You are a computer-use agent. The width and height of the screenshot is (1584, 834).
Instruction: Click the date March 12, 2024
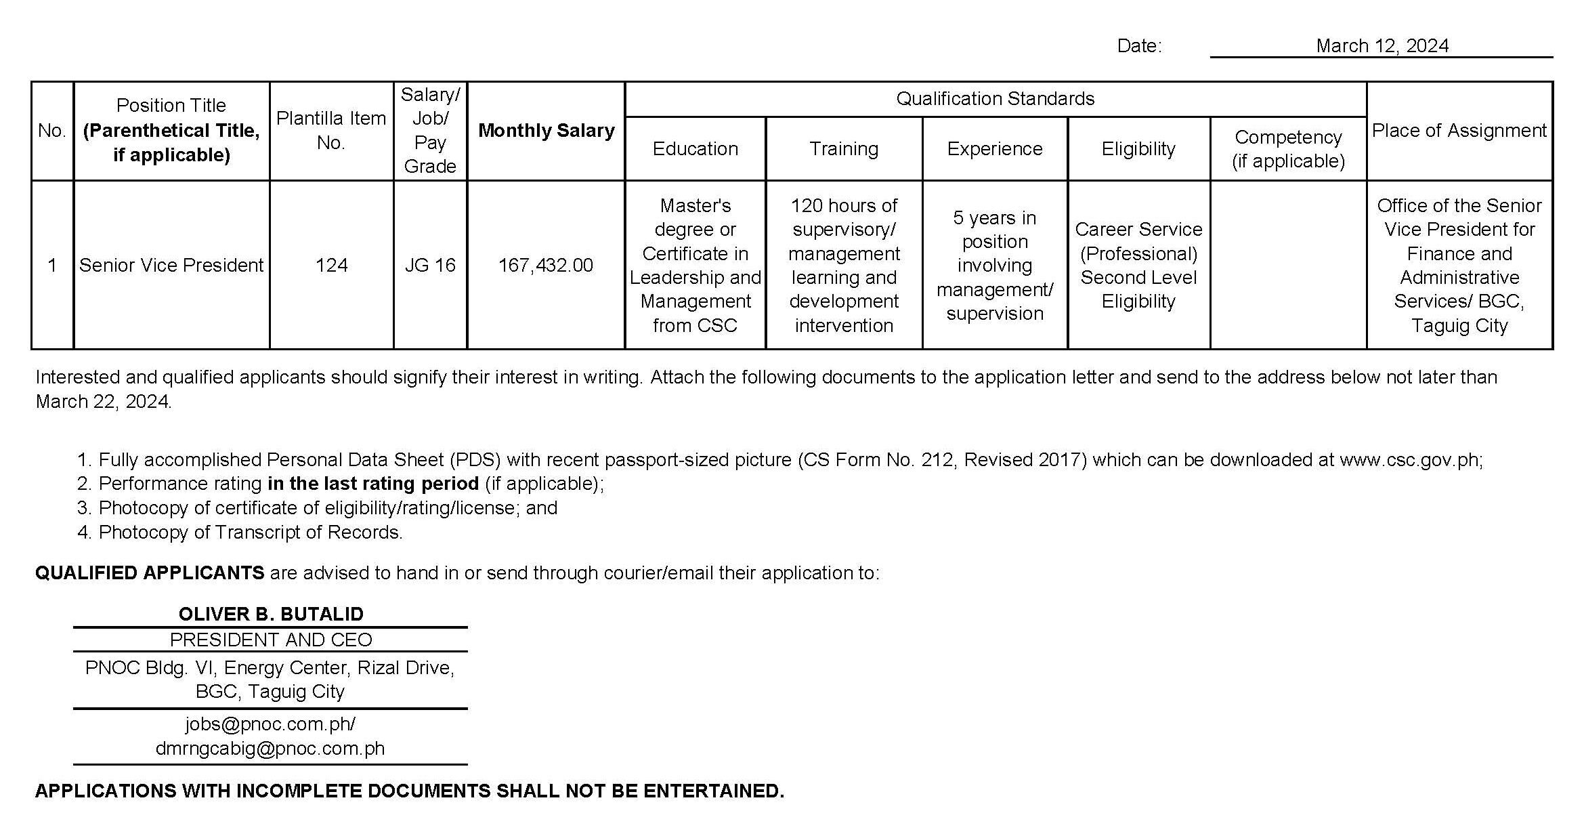1382,45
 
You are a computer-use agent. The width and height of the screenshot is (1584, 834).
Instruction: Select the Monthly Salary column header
546,130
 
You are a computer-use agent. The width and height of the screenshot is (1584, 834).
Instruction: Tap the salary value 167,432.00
546,265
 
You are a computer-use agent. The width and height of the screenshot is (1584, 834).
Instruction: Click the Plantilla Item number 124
331,265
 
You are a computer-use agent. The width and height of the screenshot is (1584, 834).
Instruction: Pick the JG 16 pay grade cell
430,265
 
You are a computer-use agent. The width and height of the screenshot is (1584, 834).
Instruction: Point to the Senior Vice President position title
171,265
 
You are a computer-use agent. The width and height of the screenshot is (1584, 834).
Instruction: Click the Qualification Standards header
995,99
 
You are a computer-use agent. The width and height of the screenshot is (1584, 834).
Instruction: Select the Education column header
695,148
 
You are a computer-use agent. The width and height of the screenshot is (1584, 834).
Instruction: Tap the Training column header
844,148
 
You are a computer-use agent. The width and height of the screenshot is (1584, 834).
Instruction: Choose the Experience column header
995,148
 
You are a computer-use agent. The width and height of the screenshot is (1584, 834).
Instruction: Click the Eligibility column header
1138,148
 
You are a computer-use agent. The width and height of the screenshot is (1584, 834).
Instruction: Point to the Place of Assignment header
1459,130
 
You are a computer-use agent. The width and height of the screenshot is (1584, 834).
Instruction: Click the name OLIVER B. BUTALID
271,614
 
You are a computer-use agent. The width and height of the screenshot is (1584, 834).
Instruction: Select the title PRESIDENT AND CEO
271,640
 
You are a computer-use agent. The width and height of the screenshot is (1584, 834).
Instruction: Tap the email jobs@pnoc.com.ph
269,724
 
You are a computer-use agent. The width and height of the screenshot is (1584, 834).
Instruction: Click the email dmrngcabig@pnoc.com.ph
270,748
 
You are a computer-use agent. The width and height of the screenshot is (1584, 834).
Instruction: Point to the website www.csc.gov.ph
1409,459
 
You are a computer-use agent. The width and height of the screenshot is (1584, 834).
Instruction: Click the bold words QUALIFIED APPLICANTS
150,572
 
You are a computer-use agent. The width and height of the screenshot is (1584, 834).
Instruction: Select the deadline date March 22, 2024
103,402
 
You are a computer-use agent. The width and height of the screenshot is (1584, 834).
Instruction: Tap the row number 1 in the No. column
52,265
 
